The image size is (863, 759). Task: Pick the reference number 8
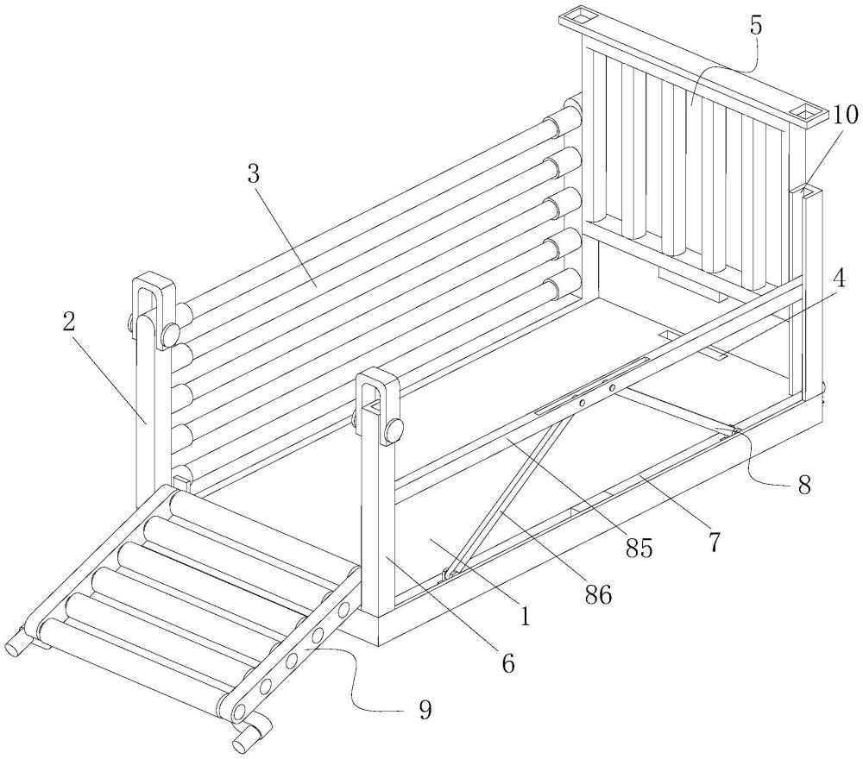804,486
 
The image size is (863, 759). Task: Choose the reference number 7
714,543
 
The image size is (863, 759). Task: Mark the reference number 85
639,549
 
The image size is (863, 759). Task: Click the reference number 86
598,594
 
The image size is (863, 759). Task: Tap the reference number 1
525,616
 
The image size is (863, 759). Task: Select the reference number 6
507,664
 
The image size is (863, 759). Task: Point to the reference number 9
425,711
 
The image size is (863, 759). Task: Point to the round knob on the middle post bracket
394,430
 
